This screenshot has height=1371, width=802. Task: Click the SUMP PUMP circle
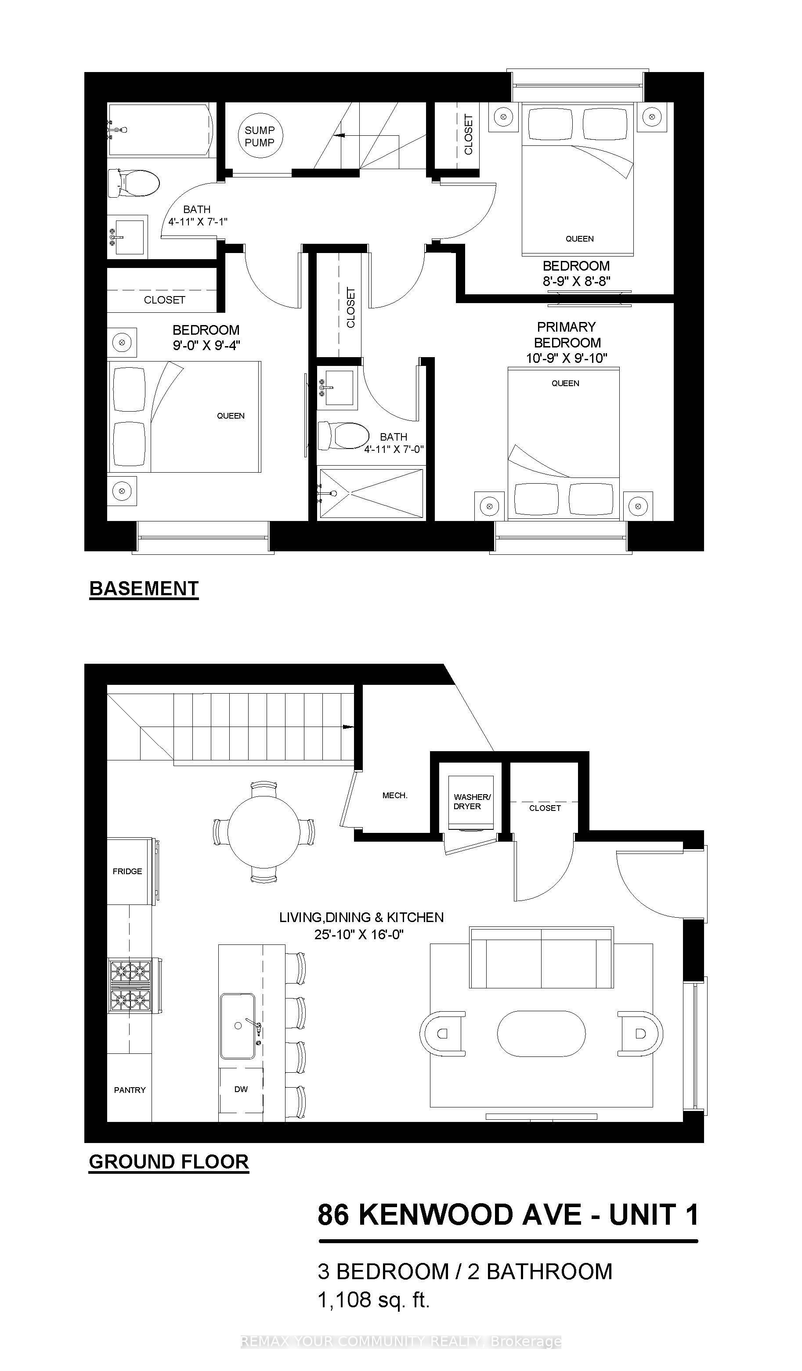coord(260,136)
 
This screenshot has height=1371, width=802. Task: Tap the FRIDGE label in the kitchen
coord(127,871)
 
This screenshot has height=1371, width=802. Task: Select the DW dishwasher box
coord(241,1089)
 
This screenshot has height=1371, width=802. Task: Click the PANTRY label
coord(130,1090)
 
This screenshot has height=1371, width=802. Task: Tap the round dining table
coord(264,832)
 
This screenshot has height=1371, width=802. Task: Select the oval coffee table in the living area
coord(542,1034)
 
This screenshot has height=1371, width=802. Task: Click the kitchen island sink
coord(238,1026)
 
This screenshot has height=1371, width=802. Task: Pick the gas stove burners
coord(130,986)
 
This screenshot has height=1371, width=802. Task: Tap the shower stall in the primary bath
coord(371,493)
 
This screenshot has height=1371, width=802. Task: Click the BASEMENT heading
coord(144,589)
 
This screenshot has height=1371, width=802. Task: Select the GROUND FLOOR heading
coord(169,1161)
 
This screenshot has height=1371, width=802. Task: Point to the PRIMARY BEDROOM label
coord(567,335)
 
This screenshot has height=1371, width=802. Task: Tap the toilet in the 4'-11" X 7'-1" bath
coord(134,182)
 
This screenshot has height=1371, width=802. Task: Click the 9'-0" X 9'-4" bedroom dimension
coord(206,345)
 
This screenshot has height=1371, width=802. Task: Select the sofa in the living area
coord(542,957)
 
